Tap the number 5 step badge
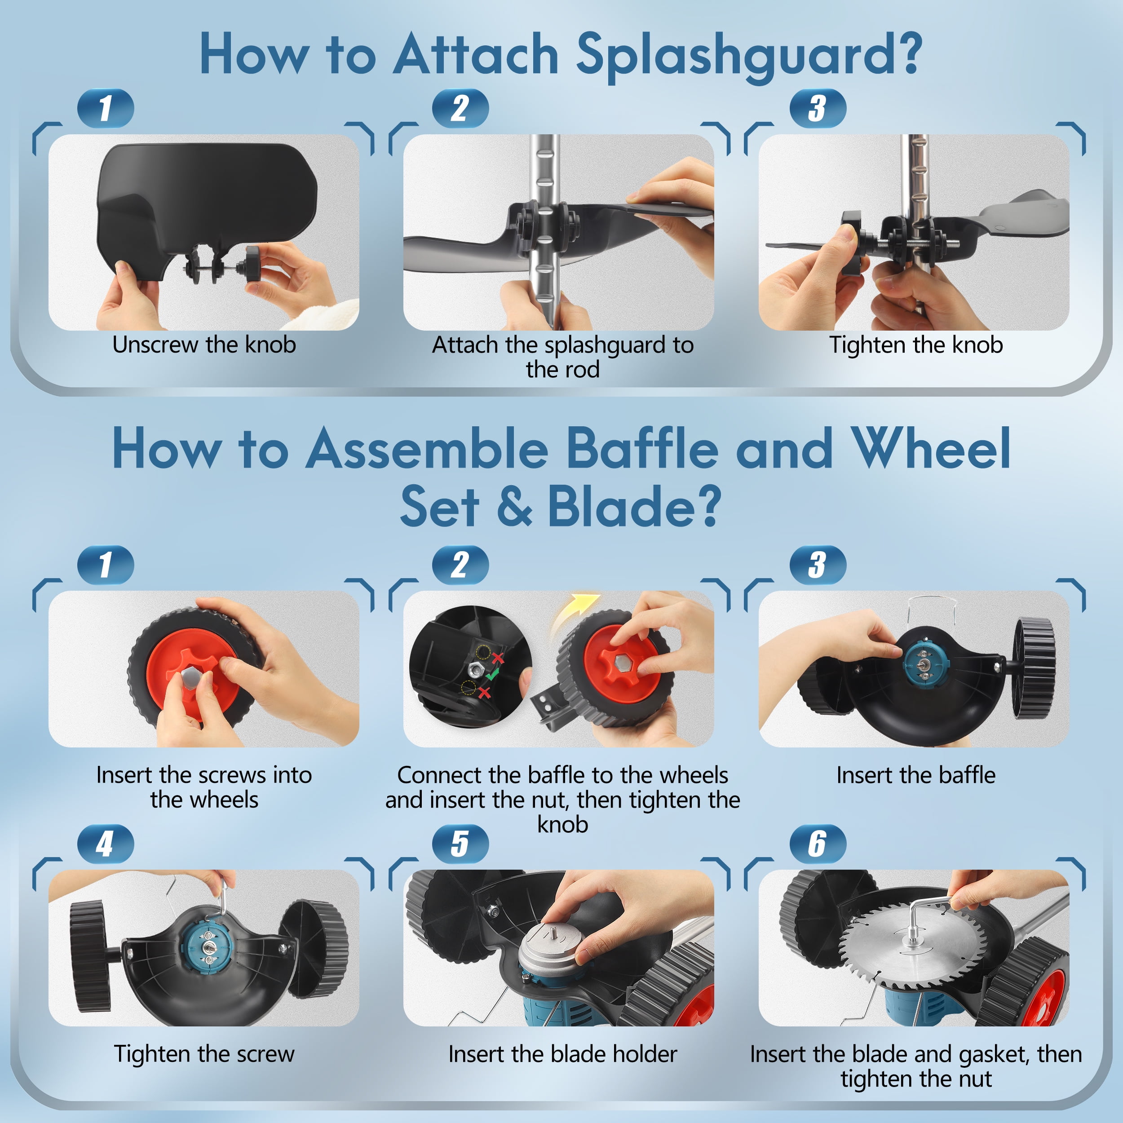[x=460, y=844]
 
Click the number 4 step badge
[x=105, y=844]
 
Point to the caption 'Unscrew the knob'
[x=204, y=345]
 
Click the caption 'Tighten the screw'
[x=204, y=1054]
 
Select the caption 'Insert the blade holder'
[x=563, y=1054]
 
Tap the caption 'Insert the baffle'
[x=916, y=775]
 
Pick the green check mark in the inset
[x=492, y=675]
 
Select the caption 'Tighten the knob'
[x=916, y=345]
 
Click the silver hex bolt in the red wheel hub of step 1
[x=191, y=676]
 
